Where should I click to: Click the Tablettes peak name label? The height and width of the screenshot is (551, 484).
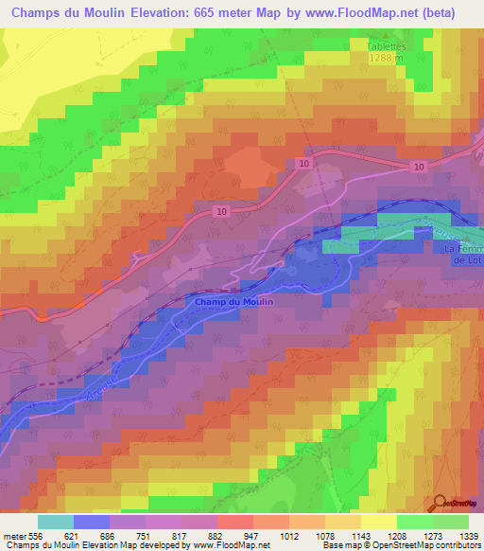(x=387, y=44)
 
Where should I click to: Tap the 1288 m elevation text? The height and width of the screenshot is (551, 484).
(x=387, y=58)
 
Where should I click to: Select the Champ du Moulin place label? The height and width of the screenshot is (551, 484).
(x=233, y=301)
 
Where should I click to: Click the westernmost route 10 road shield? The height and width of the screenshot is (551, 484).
(x=220, y=211)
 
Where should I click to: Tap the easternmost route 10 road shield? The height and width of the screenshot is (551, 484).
(x=418, y=167)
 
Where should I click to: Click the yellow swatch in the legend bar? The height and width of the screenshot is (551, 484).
(x=378, y=522)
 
